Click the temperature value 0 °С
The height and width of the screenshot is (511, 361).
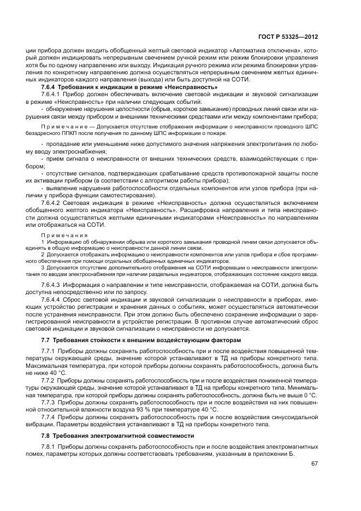coord(309,395)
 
